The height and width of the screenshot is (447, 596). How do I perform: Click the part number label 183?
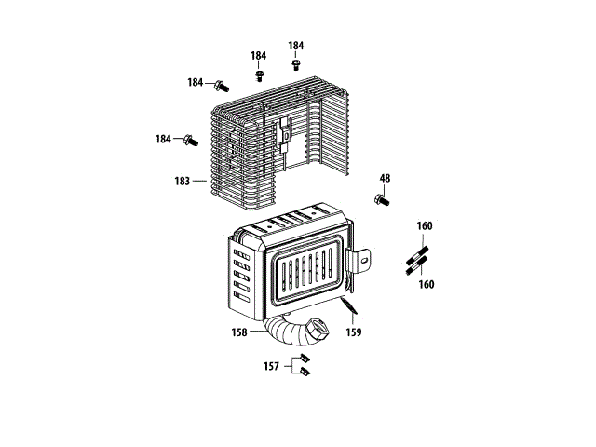[x=182, y=181]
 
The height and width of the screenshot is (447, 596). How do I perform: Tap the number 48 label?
[x=385, y=178]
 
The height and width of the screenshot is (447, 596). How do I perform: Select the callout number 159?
[x=354, y=332]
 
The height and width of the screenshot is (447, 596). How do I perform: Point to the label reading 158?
[x=240, y=331]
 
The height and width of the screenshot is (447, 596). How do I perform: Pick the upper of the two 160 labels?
[x=425, y=226]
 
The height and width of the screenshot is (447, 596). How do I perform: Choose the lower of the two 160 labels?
[x=427, y=285]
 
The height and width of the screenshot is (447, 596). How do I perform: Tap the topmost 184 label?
[x=295, y=46]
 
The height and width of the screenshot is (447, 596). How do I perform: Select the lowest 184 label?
[x=163, y=139]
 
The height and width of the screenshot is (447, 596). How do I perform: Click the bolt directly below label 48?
[x=382, y=198]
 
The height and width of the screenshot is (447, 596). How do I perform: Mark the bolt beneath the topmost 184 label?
[x=296, y=64]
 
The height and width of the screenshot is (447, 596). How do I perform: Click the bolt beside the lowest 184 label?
[x=190, y=141]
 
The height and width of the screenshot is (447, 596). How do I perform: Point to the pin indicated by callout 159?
[x=347, y=308]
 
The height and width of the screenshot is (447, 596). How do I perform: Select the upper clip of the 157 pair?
[x=303, y=359]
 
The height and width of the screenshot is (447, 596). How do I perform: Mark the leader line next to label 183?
[x=198, y=181]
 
